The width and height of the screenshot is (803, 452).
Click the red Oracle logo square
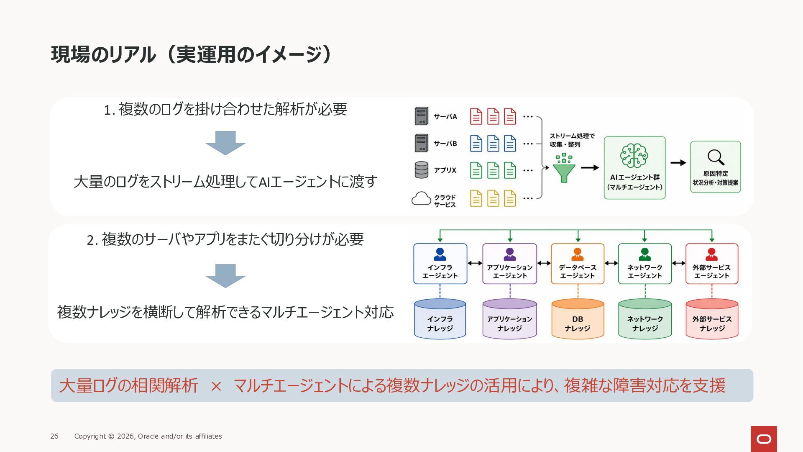click(x=764, y=439)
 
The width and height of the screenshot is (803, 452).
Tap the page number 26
click(x=54, y=436)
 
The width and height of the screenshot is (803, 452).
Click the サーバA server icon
click(x=421, y=116)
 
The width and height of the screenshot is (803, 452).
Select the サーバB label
click(x=445, y=144)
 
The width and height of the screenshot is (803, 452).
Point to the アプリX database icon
click(x=421, y=170)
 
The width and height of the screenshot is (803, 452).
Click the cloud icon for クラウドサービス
click(x=421, y=198)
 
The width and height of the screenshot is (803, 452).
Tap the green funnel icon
click(x=564, y=168)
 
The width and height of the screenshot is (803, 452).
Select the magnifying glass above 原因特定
click(x=716, y=157)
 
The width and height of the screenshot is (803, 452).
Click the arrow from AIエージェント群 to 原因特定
click(x=678, y=163)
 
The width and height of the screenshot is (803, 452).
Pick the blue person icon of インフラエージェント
click(x=440, y=254)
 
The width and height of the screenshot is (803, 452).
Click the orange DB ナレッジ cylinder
click(x=578, y=318)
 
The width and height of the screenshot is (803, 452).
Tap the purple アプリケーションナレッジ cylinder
click(x=509, y=318)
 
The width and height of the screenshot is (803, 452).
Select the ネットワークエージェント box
click(x=644, y=264)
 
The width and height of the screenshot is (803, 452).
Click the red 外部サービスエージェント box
click(x=712, y=264)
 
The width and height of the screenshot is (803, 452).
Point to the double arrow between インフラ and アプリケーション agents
click(x=475, y=263)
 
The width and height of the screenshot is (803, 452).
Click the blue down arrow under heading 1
click(x=225, y=143)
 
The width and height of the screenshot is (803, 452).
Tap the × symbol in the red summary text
click(x=216, y=386)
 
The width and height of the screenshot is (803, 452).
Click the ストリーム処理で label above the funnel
click(x=572, y=136)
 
